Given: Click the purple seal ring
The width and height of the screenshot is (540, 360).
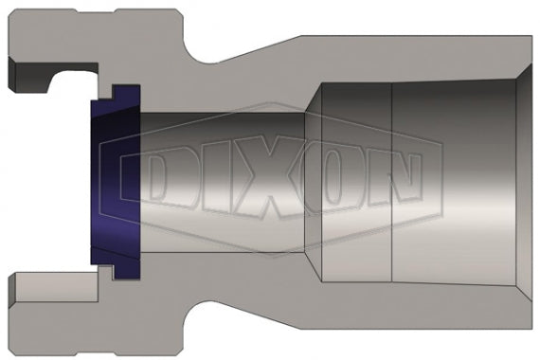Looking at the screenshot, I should [x=106, y=180].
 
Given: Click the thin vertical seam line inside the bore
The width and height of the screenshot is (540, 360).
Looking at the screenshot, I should [x=391, y=180].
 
